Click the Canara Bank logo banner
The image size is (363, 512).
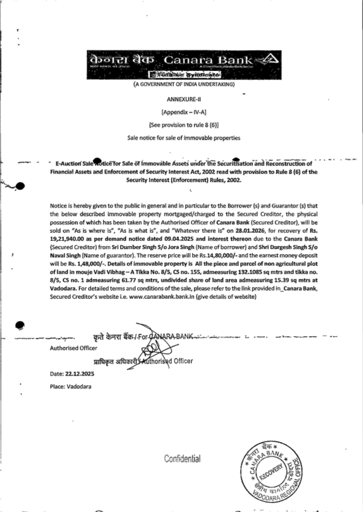(184, 65)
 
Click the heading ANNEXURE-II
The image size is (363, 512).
(184, 99)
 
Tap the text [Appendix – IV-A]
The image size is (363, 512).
(184, 112)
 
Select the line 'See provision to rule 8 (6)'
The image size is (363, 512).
(184, 125)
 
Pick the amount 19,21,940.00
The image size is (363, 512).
(66, 239)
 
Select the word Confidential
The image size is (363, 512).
(182, 459)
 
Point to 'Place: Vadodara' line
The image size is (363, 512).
(70, 387)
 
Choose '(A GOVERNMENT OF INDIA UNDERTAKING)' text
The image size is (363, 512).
(184, 84)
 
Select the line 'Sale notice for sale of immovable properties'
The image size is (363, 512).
(184, 138)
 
